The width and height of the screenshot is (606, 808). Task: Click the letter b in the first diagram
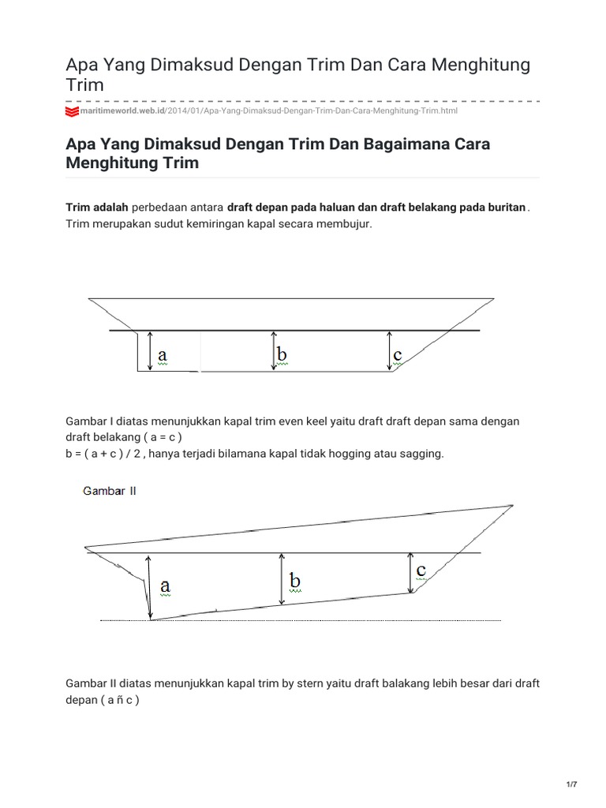(x=282, y=355)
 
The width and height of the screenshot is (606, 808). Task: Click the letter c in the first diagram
(x=398, y=356)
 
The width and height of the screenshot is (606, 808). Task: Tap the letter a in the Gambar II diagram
(x=166, y=585)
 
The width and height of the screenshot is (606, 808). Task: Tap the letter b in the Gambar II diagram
(x=294, y=580)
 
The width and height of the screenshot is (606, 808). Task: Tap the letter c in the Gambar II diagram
(x=421, y=569)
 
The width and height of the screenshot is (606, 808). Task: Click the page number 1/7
(x=571, y=784)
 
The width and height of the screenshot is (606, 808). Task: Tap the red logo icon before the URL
(x=71, y=112)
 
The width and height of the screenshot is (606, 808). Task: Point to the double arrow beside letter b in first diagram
(x=272, y=350)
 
